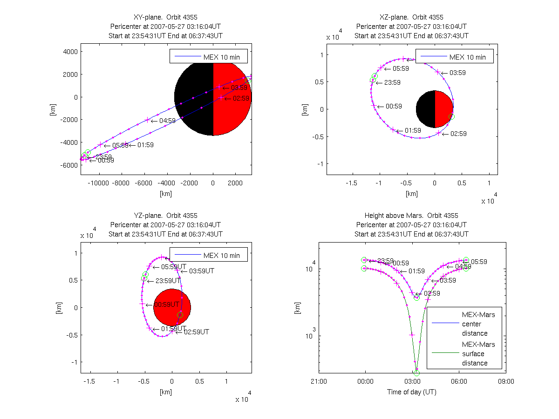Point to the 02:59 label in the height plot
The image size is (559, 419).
pyautogui.click(x=432, y=293)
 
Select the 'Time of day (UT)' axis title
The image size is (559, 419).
pyautogui.click(x=412, y=392)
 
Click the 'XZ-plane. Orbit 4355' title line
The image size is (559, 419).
pyautogui.click(x=412, y=17)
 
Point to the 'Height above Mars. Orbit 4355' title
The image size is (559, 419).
pyautogui.click(x=412, y=216)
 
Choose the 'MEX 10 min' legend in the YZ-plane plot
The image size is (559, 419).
pyautogui.click(x=208, y=255)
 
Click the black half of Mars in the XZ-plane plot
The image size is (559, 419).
pyautogui.click(x=425, y=109)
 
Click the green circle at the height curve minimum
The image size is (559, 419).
pyautogui.click(x=416, y=372)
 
